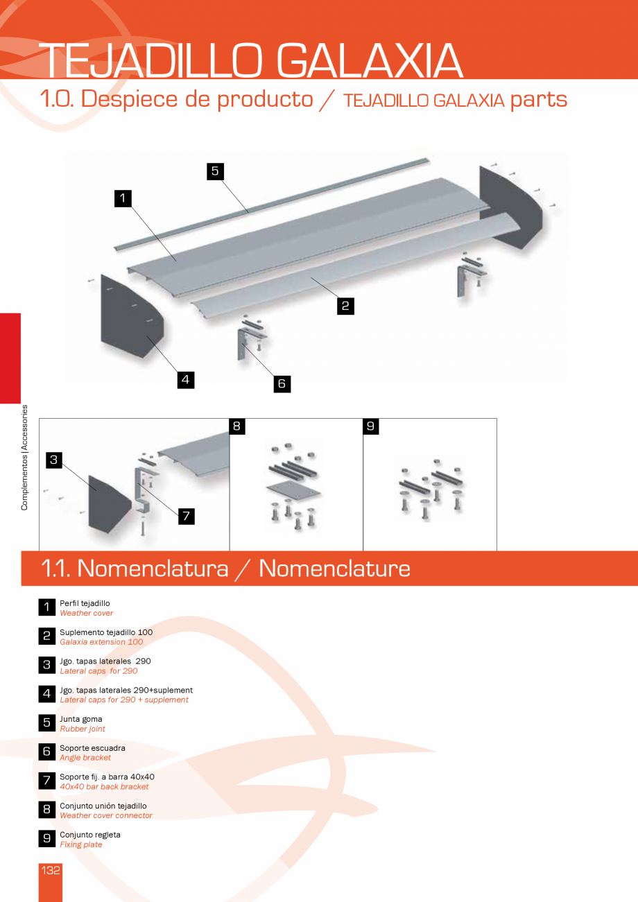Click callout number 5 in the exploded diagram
pos(215,171)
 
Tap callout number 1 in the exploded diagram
pos(123,198)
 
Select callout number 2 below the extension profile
pos(345,306)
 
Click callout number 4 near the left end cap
pos(184,379)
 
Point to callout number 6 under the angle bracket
pos(282,383)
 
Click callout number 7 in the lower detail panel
pos(185,516)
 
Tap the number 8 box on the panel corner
pos(236,426)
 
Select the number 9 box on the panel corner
pos(371,426)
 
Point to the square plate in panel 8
pos(293,490)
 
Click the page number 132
pos(51,870)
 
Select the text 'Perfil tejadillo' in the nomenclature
pos(85,604)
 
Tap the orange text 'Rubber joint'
pos(83,729)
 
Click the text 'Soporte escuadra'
pos(92,748)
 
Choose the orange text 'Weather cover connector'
pos(106,815)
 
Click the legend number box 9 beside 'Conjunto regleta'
pos(46,839)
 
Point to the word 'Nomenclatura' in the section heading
pos(153,569)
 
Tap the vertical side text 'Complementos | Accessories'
pos(25,458)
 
